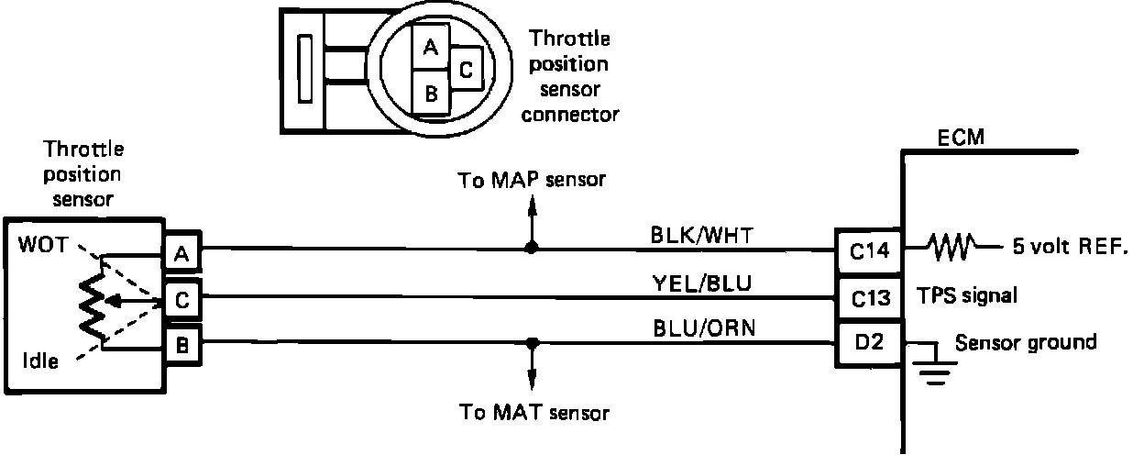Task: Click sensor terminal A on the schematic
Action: (181, 254)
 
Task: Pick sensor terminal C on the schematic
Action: (181, 298)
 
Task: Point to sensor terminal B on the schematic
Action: (181, 346)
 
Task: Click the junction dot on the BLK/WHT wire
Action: (531, 248)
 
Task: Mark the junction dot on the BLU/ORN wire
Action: (531, 343)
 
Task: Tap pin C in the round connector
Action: (465, 69)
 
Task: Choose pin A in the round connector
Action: (429, 45)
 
